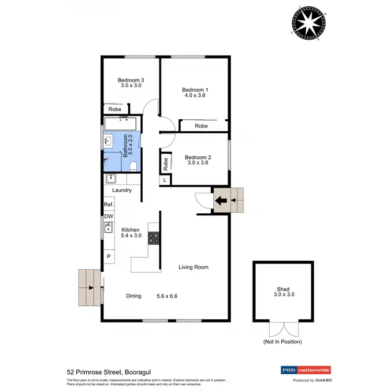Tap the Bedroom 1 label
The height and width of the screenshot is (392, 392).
point(195,89)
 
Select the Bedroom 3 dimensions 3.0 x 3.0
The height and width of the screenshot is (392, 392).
point(132,86)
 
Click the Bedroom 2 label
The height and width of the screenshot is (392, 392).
point(198,157)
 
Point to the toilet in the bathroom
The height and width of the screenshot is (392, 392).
point(133,166)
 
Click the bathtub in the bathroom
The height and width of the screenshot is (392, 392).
point(120,124)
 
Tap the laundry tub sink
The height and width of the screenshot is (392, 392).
point(111,179)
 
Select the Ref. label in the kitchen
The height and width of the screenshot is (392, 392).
point(109,204)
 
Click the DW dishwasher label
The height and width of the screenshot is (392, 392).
point(109,216)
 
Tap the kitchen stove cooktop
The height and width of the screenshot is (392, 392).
point(154,238)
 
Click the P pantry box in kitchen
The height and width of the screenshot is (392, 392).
point(109,256)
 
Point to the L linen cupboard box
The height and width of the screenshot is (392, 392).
point(165,180)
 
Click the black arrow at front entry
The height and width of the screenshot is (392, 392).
point(223,199)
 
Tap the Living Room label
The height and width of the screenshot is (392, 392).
point(193,267)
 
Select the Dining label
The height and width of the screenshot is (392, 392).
point(134,296)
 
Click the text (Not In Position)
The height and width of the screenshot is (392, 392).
point(282,342)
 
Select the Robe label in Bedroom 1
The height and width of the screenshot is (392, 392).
point(201,126)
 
